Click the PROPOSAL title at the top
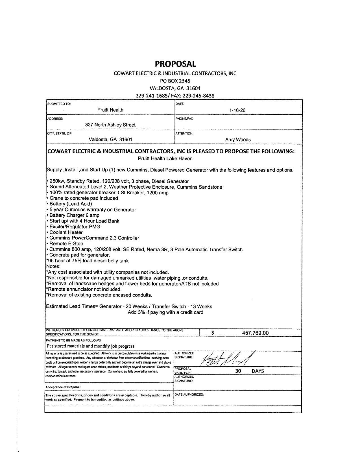pyautogui.click(x=175, y=64)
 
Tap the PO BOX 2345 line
pyautogui.click(x=175, y=81)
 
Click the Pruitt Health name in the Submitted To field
pyautogui.click(x=110, y=110)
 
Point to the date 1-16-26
pyautogui.click(x=237, y=110)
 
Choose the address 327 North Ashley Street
pyautogui.click(x=110, y=125)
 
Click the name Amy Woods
pyautogui.click(x=238, y=140)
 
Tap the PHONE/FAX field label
pyautogui.click(x=184, y=119)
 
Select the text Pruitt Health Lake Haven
pyautogui.click(x=165, y=158)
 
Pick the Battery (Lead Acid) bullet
pyautogui.click(x=71, y=204)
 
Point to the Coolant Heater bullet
pyautogui.click(x=66, y=232)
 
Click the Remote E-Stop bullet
pyautogui.click(x=66, y=243)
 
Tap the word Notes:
pyautogui.click(x=53, y=266)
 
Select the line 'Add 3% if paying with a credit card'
pyautogui.click(x=165, y=312)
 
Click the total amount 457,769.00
pyautogui.click(x=255, y=333)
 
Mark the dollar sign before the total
pyautogui.click(x=213, y=333)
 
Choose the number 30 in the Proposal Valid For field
pyautogui.click(x=238, y=371)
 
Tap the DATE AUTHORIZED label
pyautogui.click(x=189, y=395)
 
